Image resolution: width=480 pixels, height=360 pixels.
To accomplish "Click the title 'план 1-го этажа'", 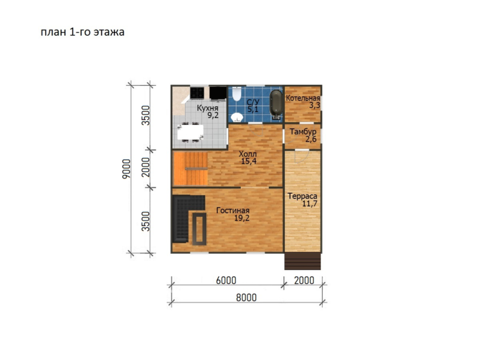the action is click(82, 32).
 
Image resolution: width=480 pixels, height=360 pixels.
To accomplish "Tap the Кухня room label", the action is click(207, 108).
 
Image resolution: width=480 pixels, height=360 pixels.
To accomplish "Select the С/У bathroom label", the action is click(253, 102).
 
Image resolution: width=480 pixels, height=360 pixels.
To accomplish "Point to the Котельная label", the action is click(302, 98).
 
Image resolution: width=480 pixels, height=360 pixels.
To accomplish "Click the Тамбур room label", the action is click(303, 132).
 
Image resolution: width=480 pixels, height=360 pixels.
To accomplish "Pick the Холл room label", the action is click(247, 154).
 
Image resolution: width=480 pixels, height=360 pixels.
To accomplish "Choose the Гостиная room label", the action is click(232, 211).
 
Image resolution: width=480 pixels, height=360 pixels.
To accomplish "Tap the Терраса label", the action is click(302, 196).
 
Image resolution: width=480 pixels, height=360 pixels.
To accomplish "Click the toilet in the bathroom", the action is click(237, 94).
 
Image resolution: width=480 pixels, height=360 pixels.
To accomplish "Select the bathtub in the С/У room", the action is click(276, 104).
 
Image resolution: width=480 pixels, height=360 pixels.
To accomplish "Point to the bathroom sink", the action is click(237, 117).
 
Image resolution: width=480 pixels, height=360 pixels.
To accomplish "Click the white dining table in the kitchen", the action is click(191, 132).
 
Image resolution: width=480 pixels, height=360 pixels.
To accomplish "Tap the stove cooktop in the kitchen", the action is click(197, 93).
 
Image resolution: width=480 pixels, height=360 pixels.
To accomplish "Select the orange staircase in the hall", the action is click(191, 169).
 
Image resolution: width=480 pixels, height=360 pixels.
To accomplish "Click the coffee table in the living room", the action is click(199, 229).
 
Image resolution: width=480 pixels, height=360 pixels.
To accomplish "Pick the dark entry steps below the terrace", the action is click(302, 261).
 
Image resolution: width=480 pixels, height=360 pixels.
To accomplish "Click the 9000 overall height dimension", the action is click(126, 169).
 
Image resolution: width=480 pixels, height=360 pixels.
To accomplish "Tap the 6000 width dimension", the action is click(226, 280).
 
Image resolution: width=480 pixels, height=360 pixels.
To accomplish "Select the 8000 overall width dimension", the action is click(246, 297).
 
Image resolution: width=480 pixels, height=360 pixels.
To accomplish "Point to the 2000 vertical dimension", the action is click(146, 167).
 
